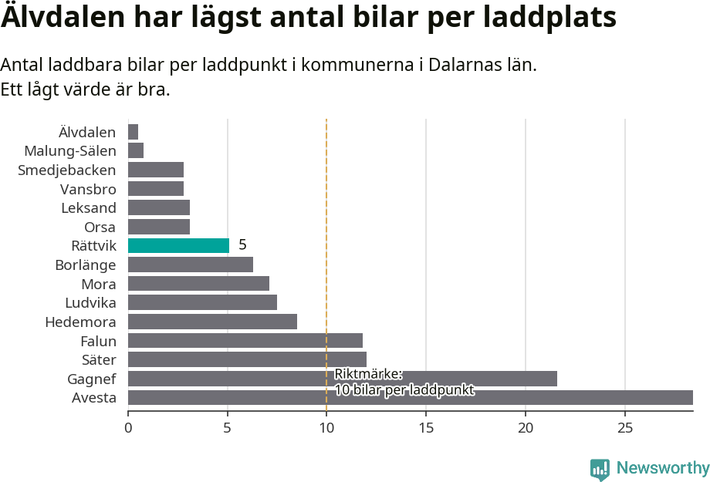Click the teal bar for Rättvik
coord(178,246)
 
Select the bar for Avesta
coord(410,398)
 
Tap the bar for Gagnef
coord(342,379)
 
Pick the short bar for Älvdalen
coord(133,132)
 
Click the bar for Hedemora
coord(212,322)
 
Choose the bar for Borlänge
coord(190,265)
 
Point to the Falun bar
coord(245,341)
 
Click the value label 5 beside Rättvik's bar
coord(242,245)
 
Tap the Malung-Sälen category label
coord(70,151)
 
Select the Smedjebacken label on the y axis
coord(67,170)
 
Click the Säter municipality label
coord(99,360)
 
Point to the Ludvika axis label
coord(90,303)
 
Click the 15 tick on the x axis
coord(426,427)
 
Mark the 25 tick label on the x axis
coord(625,427)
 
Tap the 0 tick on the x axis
coord(128,427)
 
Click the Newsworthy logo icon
coord(600,469)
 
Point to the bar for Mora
coord(198,284)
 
